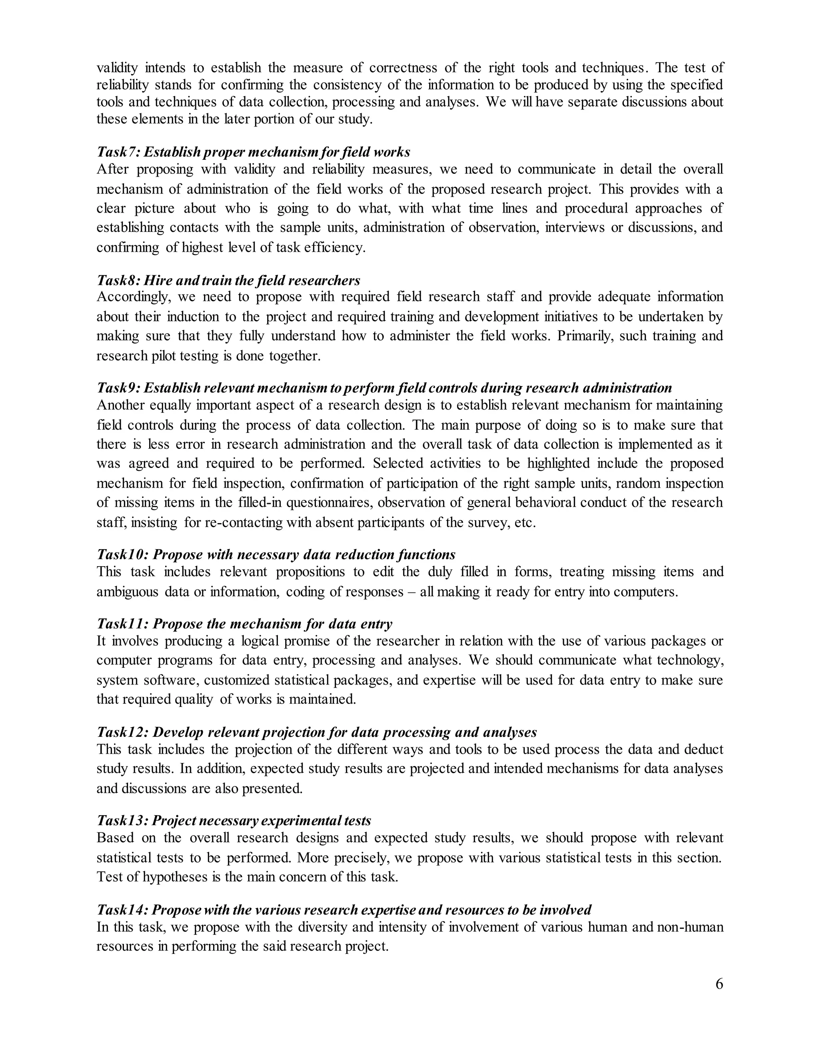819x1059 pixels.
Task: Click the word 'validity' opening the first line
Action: click(x=117, y=68)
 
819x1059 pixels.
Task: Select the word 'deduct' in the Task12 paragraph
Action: click(x=703, y=749)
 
